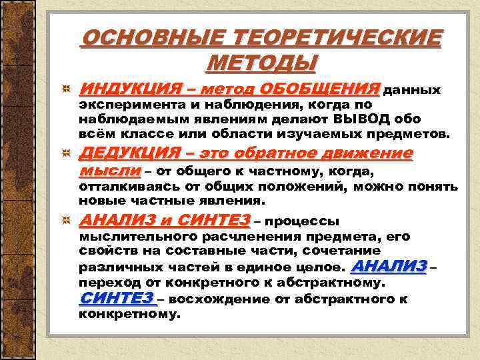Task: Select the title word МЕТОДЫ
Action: (x=261, y=63)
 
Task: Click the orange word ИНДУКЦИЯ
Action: (x=125, y=89)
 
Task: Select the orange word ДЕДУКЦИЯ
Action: (x=125, y=155)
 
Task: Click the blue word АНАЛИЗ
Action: (x=388, y=267)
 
